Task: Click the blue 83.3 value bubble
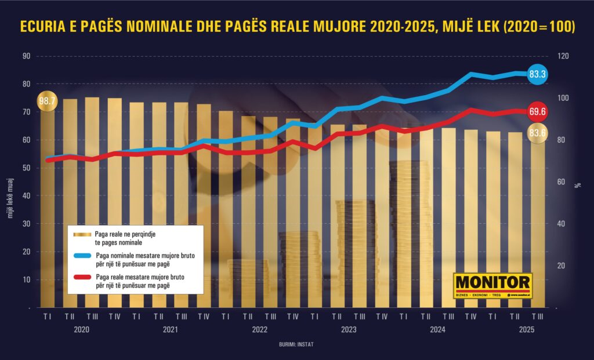(x=537, y=74)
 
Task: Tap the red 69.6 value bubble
(x=537, y=111)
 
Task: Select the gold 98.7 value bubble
(x=47, y=101)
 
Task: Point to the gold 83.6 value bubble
(x=537, y=133)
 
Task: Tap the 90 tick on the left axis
(x=26, y=56)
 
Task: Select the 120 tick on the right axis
(x=564, y=56)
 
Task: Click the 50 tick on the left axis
(x=26, y=168)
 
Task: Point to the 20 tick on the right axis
(x=562, y=266)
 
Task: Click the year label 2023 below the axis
(x=349, y=330)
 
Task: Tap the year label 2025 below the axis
(x=526, y=330)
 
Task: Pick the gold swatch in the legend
(x=82, y=234)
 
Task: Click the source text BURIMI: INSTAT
(x=298, y=344)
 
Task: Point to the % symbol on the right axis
(x=578, y=185)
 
